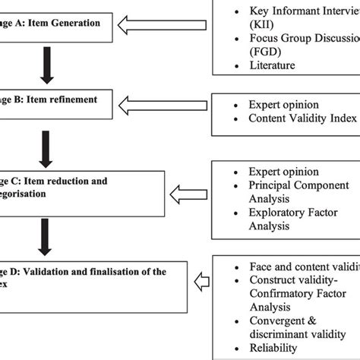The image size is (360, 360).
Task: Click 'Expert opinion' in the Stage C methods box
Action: (x=284, y=172)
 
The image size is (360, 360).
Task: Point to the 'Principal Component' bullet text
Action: (x=298, y=185)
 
